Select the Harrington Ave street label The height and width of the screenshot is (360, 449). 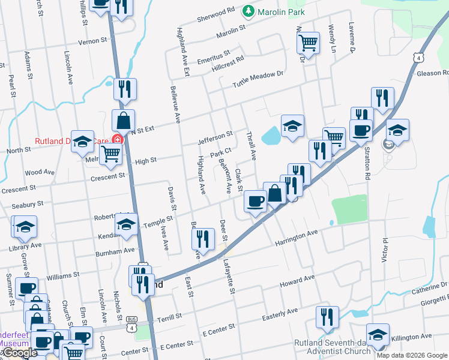pyautogui.click(x=296, y=238)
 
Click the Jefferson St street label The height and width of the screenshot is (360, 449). pyautogui.click(x=215, y=138)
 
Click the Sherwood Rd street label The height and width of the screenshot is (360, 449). pyautogui.click(x=216, y=15)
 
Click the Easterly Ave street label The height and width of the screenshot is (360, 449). pyautogui.click(x=281, y=313)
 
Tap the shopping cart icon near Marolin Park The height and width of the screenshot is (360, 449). pyautogui.click(x=308, y=42)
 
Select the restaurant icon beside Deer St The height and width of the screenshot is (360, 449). pyautogui.click(x=203, y=238)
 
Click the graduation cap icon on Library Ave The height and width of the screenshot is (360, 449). pyautogui.click(x=25, y=226)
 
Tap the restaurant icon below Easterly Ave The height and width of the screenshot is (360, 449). pyautogui.click(x=327, y=316)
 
